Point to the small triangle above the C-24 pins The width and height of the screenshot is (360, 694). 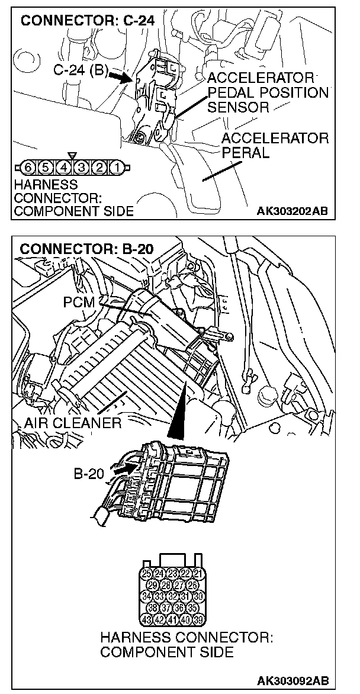(x=72, y=156)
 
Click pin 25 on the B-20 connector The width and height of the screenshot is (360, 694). (x=147, y=573)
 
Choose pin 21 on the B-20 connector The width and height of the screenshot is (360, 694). (x=199, y=573)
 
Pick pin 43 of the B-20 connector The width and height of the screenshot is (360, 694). (x=147, y=621)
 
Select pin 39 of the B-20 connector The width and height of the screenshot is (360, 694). (x=199, y=621)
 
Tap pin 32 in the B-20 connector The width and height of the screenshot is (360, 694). (x=173, y=597)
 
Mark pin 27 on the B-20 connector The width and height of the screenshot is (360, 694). (x=179, y=585)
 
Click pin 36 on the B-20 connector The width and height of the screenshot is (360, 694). (x=179, y=609)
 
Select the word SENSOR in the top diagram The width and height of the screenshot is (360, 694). (x=239, y=107)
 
